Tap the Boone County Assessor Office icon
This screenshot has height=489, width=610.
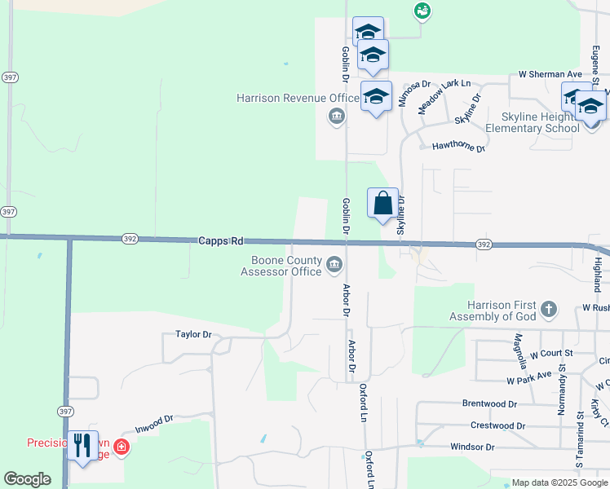click(x=334, y=265)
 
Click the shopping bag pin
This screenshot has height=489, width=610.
click(x=383, y=204)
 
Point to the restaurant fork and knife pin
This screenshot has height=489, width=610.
click(x=82, y=445)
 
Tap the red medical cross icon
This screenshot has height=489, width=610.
click(x=122, y=447)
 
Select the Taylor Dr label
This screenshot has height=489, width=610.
click(x=193, y=334)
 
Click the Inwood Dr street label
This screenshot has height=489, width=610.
click(x=155, y=422)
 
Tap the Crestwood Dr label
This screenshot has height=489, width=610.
click(x=498, y=425)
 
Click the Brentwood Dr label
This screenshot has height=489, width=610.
click(x=489, y=403)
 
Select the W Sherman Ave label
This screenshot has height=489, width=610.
click(x=547, y=74)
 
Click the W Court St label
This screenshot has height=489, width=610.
click(x=551, y=354)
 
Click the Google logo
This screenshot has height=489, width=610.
click(x=27, y=479)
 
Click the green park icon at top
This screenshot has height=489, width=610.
click(x=422, y=11)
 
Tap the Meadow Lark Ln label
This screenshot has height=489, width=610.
click(x=444, y=96)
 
